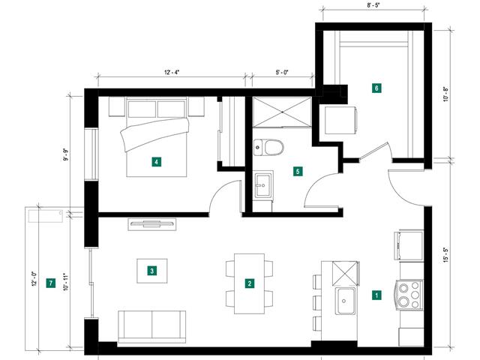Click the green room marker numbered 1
(376, 295)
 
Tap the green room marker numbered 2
(250, 283)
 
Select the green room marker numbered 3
(151, 271)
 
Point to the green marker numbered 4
(157, 162)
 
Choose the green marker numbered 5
(298, 171)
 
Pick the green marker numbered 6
(376, 88)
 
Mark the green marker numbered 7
(50, 283)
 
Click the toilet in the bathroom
(268, 148)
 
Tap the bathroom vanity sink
(263, 185)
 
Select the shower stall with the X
(282, 112)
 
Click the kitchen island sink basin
(345, 301)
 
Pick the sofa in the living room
(151, 327)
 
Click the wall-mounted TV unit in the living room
(151, 224)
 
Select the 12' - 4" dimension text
(172, 72)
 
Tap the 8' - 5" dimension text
(373, 5)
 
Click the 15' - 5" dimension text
(445, 255)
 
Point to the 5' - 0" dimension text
(282, 72)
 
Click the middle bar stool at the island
(317, 302)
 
